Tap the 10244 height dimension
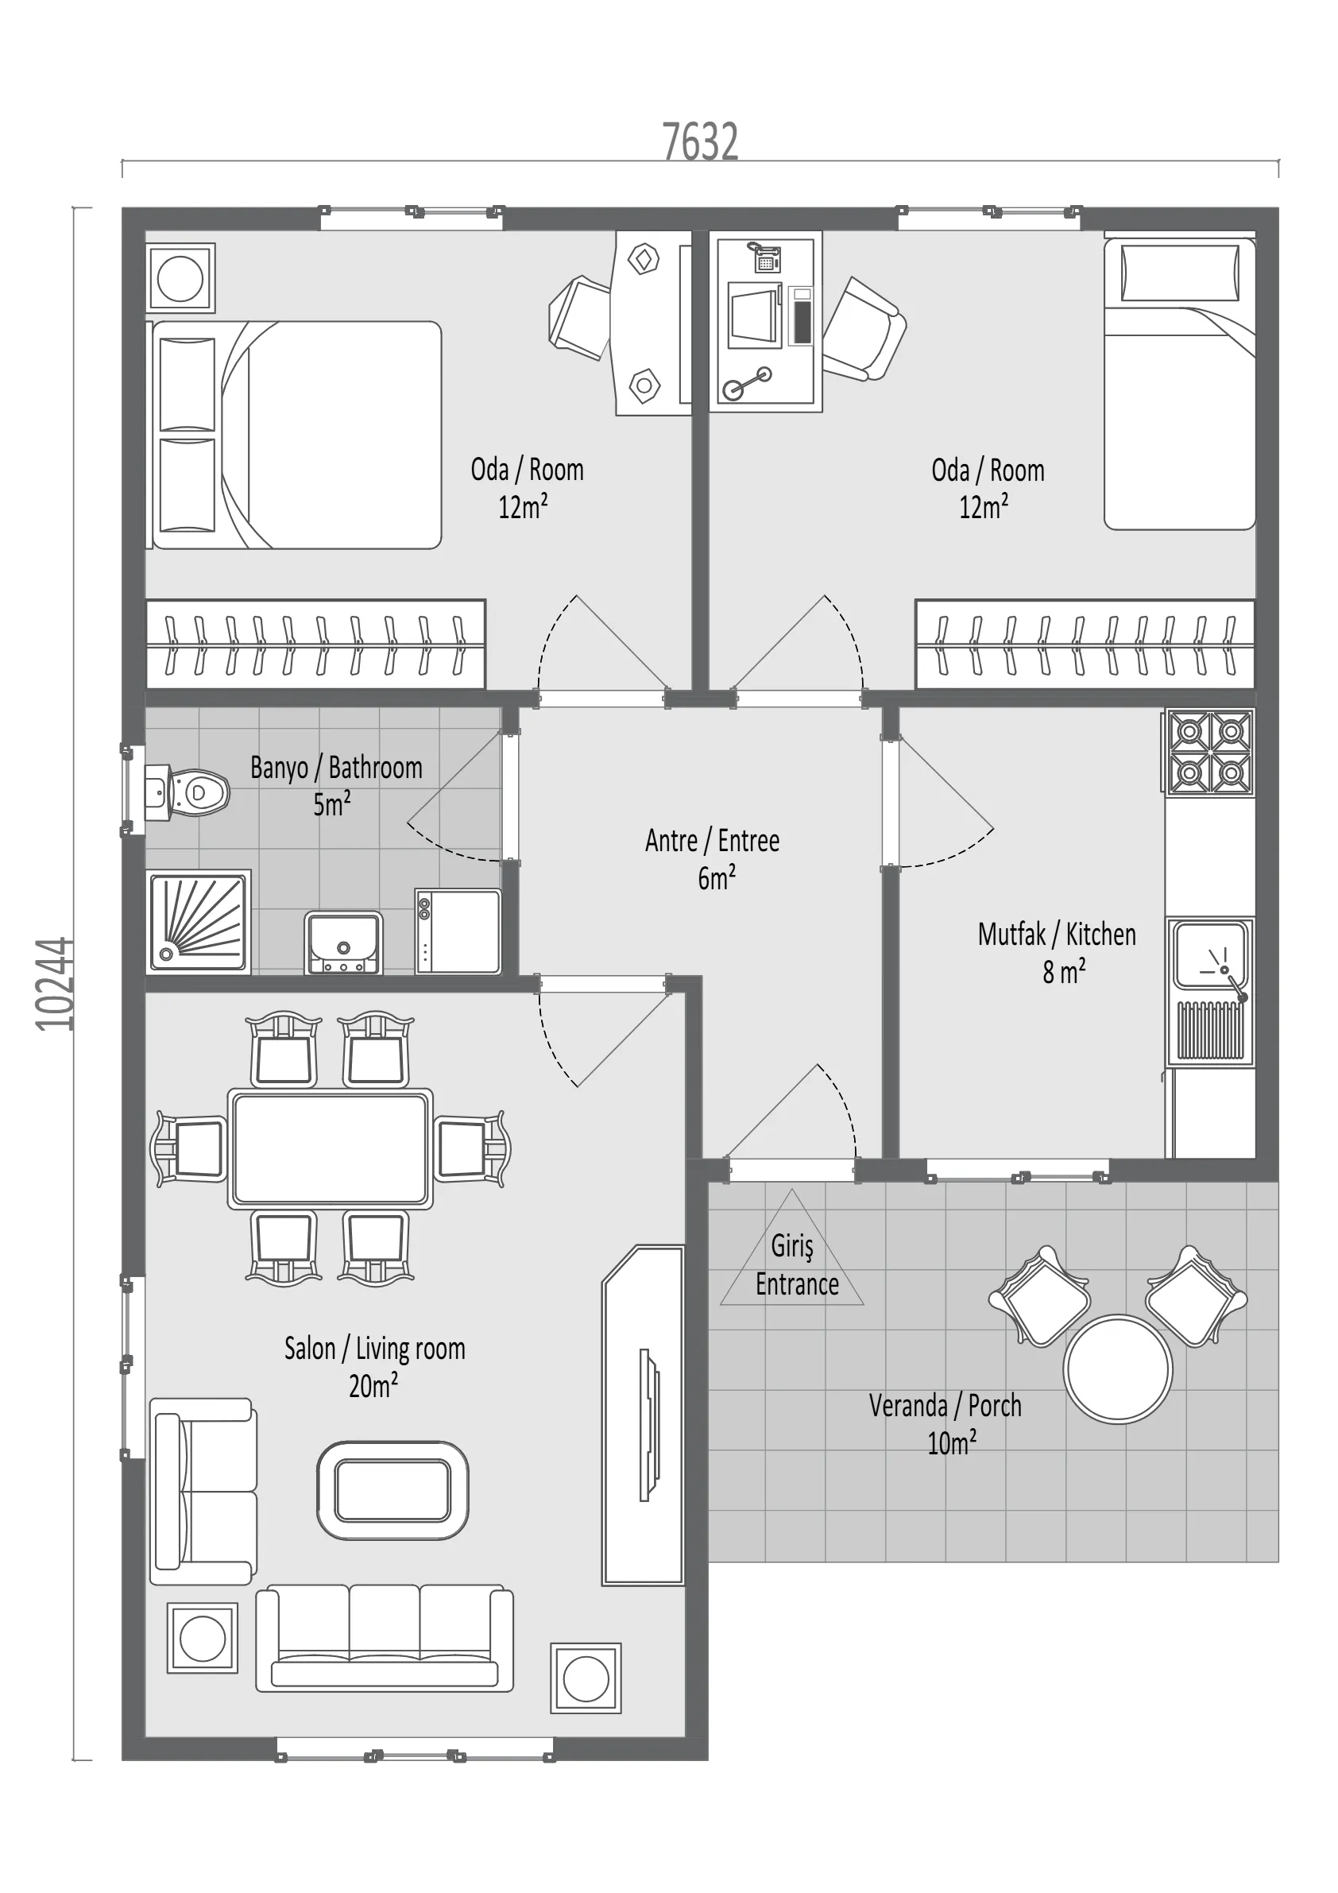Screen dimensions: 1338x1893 [x=56, y=984]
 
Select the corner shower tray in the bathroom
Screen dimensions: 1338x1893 [x=198, y=923]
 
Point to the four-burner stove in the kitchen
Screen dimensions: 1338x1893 [x=1209, y=753]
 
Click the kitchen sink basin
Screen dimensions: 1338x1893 [x=1209, y=954]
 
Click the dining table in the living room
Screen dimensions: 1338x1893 [x=330, y=1148]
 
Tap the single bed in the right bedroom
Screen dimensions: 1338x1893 [x=1180, y=384]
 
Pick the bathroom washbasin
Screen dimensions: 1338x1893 [x=343, y=943]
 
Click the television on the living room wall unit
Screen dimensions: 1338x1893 [x=650, y=1425]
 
